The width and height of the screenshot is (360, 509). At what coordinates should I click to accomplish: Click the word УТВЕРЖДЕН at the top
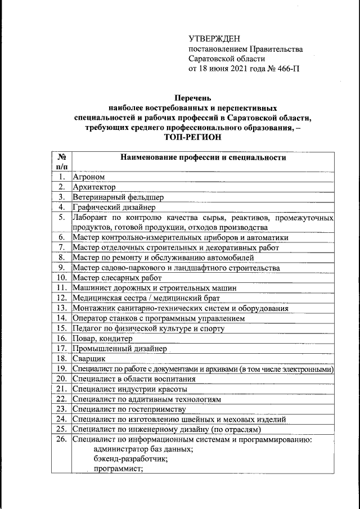[214, 39]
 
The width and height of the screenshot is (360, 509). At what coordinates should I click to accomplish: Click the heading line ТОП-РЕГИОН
[192, 137]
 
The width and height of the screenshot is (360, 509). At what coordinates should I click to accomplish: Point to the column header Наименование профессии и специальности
[203, 157]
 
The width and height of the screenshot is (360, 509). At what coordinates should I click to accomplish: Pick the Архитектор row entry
[94, 187]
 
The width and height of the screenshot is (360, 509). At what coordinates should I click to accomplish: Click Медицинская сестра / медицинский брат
[146, 298]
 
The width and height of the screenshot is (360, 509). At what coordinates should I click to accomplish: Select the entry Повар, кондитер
[102, 339]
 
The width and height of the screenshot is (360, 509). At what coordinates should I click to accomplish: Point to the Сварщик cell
[90, 358]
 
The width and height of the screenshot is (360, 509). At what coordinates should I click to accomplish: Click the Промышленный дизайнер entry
[119, 349]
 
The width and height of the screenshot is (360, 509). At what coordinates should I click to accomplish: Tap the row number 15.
[62, 328]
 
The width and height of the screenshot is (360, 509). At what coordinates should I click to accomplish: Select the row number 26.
[62, 439]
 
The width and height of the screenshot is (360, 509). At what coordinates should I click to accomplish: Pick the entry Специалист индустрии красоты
[130, 389]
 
